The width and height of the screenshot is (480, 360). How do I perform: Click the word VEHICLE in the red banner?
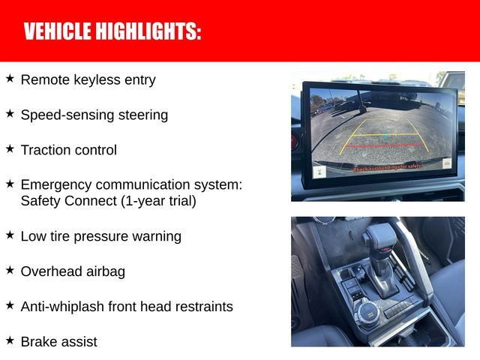[57, 31]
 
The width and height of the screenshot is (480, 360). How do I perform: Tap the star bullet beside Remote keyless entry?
[10, 79]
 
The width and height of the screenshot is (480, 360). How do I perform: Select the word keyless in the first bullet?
[97, 80]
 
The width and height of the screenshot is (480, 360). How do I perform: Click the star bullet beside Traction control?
[10, 149]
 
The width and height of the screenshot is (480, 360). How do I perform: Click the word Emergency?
[56, 185]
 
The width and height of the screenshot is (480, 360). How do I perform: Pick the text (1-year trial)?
[158, 201]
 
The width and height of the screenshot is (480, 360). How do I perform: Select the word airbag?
[106, 271]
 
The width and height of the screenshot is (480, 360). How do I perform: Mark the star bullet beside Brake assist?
[10, 340]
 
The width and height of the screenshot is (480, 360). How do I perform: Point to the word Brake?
[38, 342]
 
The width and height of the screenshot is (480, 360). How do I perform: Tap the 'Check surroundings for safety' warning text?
[387, 167]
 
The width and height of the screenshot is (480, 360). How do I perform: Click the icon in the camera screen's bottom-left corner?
[319, 172]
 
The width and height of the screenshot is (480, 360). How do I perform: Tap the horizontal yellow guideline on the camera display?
[385, 134]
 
